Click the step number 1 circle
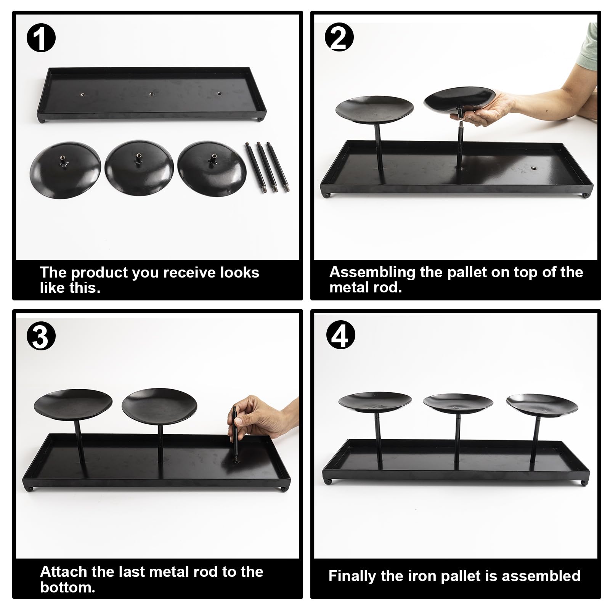pos(41,39)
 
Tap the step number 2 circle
pos(339,37)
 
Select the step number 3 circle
pos(41,337)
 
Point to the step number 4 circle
pos(340,335)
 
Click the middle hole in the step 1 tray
pos(151,93)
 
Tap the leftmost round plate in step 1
pos(65,170)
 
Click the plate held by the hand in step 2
pos(459,99)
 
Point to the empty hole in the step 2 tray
pos(533,168)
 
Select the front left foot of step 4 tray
pos(327,481)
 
